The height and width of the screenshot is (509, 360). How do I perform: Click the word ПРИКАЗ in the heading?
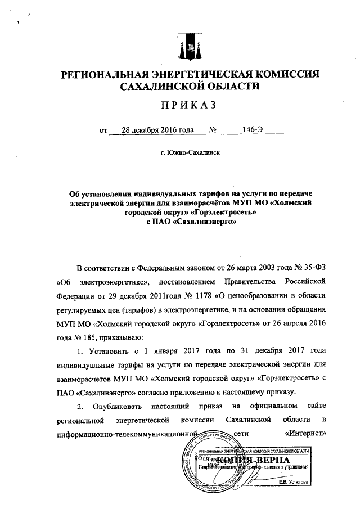click(x=188, y=105)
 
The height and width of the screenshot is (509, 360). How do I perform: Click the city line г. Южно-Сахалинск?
click(x=189, y=152)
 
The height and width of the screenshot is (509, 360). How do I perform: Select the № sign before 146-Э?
click(x=213, y=130)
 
